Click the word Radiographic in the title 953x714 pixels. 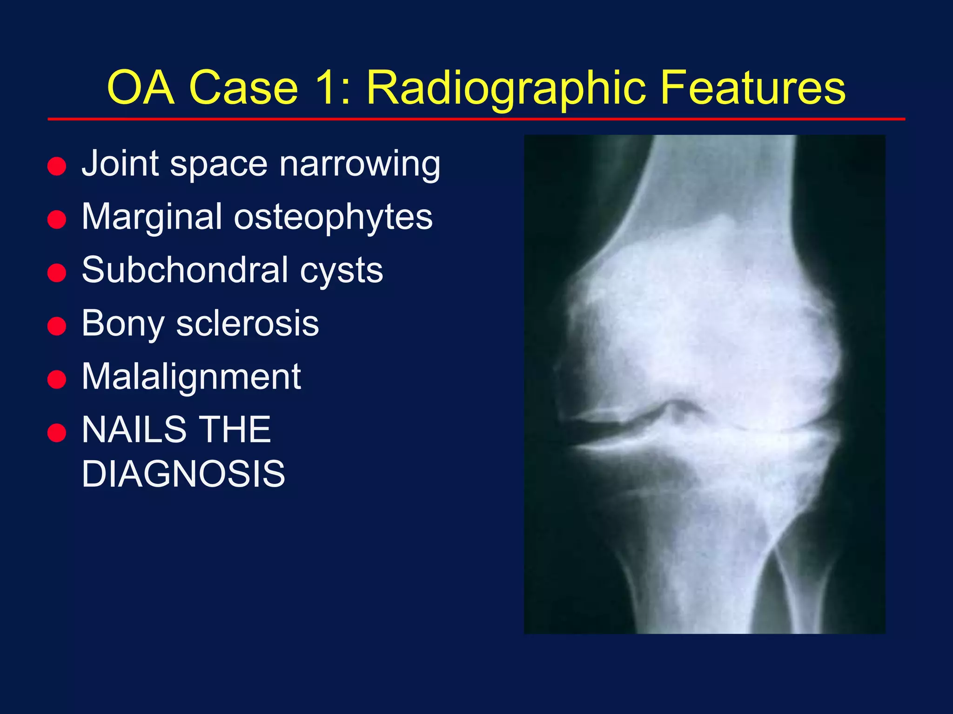(x=506, y=88)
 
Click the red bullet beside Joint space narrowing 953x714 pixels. (x=57, y=166)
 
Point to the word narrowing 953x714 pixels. (x=359, y=164)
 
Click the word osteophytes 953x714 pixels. (x=333, y=217)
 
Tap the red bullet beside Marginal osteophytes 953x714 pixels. (x=57, y=219)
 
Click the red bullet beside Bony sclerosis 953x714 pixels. (x=57, y=326)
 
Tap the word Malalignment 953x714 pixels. (x=191, y=377)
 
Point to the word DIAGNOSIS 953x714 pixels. (x=183, y=474)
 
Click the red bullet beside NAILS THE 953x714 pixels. (x=57, y=432)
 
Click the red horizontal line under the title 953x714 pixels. (x=476, y=119)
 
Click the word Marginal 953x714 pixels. (x=152, y=217)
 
